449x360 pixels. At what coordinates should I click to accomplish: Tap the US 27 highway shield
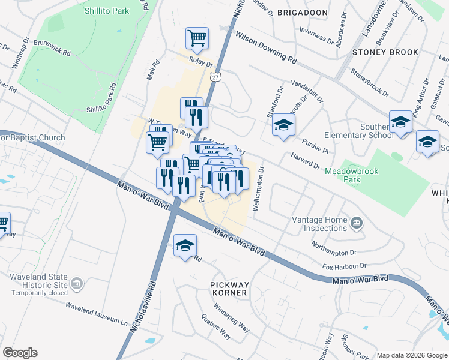tap(215, 77)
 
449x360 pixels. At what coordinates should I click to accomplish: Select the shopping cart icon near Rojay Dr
tap(197, 39)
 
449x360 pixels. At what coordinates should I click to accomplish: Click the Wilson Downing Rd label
tap(266, 48)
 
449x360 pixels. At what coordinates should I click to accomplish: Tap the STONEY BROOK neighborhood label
tap(385, 52)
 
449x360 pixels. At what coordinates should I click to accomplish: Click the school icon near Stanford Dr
tap(283, 125)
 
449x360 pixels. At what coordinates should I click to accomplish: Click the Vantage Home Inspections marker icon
tap(357, 224)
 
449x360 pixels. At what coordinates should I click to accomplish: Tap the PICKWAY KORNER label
tap(229, 288)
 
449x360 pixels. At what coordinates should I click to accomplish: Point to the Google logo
tap(20, 353)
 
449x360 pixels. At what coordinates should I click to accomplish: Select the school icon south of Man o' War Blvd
tap(185, 245)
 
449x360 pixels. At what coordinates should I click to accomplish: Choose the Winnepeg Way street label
tap(233, 323)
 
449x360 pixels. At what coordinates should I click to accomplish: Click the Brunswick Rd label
tap(52, 49)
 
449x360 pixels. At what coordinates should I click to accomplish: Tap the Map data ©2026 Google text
tap(412, 355)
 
